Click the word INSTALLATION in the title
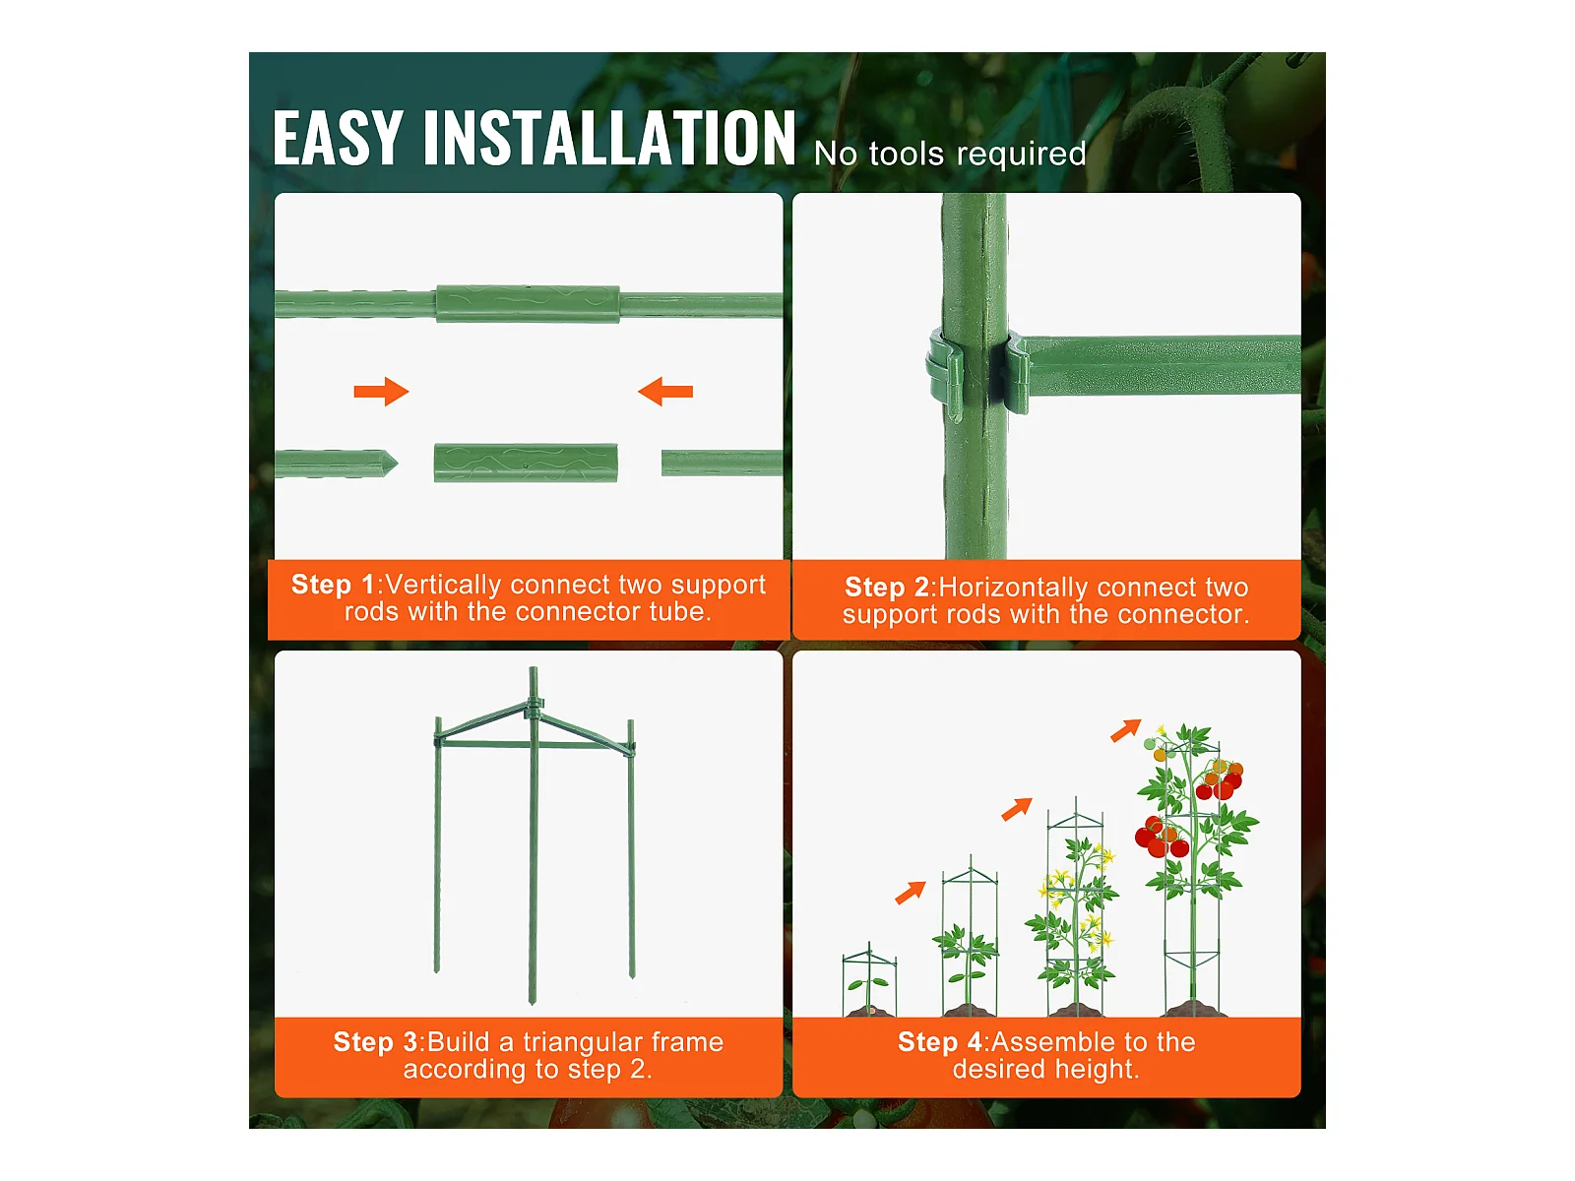(609, 139)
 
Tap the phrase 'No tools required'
(949, 154)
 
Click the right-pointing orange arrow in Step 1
(381, 392)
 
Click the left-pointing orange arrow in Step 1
(665, 392)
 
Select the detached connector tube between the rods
(526, 463)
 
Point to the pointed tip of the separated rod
(395, 464)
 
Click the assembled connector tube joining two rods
(528, 304)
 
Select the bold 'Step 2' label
(887, 588)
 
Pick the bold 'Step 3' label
(375, 1042)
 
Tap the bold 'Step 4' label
(939, 1042)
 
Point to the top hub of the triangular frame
(534, 707)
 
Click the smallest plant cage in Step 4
(869, 979)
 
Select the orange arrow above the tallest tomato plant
(1125, 730)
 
